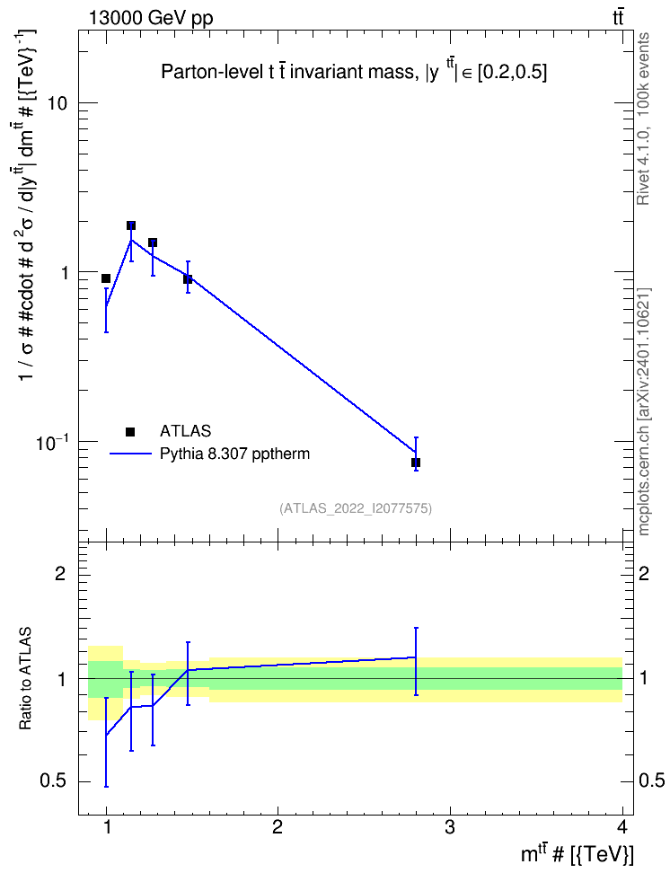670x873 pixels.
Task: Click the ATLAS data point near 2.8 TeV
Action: pyautogui.click(x=416, y=463)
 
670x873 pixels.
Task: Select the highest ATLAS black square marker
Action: pyautogui.click(x=131, y=225)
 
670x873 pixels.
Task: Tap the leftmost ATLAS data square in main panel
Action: pyautogui.click(x=106, y=278)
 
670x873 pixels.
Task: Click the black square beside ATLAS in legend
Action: pyautogui.click(x=130, y=431)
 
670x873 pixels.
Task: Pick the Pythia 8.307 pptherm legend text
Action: pyautogui.click(x=234, y=454)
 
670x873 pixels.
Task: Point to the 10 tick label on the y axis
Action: pyautogui.click(x=57, y=103)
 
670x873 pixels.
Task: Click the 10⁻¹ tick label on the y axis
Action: pyautogui.click(x=52, y=442)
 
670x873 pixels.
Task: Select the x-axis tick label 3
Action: pyautogui.click(x=449, y=827)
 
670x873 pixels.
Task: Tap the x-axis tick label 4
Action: pyautogui.click(x=622, y=827)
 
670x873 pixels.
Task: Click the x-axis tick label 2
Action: pyautogui.click(x=278, y=827)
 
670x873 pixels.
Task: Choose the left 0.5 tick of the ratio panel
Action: pyautogui.click(x=54, y=780)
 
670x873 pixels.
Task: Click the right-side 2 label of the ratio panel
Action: pyautogui.click(x=644, y=573)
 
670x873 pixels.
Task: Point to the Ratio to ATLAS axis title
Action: pyautogui.click(x=25, y=679)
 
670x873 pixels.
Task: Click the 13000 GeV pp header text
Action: pyautogui.click(x=151, y=18)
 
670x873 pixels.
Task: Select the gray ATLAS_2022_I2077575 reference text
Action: pyautogui.click(x=356, y=508)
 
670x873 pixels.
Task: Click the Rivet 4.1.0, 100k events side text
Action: pyautogui.click(x=643, y=119)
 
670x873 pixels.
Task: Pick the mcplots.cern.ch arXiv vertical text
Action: pyautogui.click(x=643, y=411)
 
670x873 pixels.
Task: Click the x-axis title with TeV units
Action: pyautogui.click(x=577, y=853)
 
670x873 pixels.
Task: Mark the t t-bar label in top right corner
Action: pyautogui.click(x=618, y=18)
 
